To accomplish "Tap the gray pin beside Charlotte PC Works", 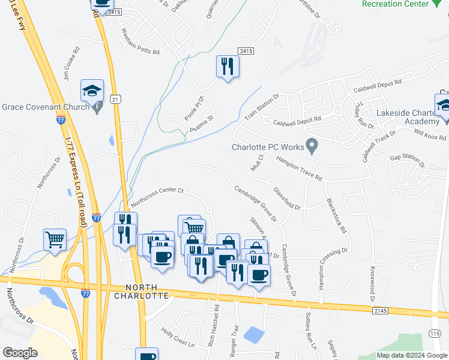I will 312,145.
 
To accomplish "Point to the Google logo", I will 20,353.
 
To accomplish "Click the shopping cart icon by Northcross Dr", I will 55,239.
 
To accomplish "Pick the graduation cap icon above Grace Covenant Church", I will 92,91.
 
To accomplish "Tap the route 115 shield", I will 435,332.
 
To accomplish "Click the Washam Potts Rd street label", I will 140,41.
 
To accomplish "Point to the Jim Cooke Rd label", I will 71,64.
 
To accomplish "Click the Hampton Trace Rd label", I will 299,168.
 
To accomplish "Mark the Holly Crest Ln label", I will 178,337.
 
